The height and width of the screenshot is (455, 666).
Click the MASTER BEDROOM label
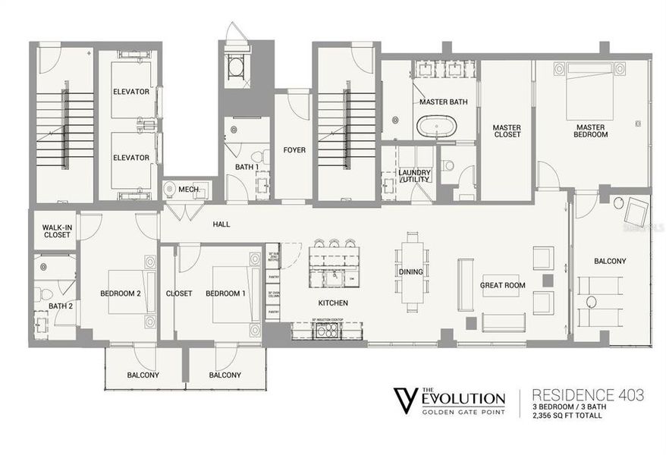coord(591,130)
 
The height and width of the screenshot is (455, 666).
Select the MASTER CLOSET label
coord(506,130)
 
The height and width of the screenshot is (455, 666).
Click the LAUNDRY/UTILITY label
coord(414,176)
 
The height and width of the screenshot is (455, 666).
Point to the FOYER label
coord(294,150)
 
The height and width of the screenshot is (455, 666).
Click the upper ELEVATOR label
coord(130,92)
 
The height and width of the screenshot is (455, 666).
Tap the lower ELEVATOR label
coord(130,158)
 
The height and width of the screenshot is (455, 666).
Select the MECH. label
coord(188,190)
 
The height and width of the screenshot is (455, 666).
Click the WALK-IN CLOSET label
coord(56,231)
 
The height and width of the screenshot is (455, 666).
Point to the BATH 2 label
coord(60,306)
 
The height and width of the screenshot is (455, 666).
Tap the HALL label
coord(221,224)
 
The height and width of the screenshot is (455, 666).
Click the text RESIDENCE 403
coord(589,394)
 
